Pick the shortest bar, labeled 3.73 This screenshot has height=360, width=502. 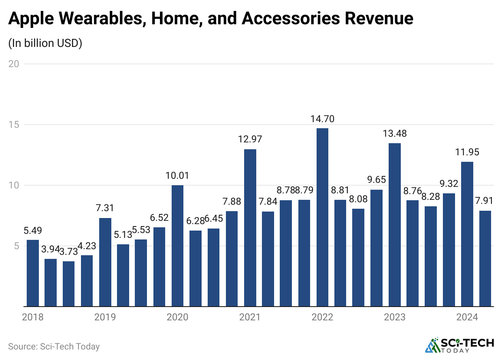point(68,284)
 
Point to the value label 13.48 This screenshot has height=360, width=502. point(395,133)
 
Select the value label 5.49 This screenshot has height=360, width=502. point(32,231)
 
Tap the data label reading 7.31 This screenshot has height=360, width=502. point(105,208)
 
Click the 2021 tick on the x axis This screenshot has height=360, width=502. point(250,317)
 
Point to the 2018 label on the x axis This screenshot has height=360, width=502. point(32,317)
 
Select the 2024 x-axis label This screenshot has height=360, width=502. point(467,317)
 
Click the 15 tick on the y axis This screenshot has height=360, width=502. point(15,125)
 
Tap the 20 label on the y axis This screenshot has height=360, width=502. point(15,64)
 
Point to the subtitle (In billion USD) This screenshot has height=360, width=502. point(45,43)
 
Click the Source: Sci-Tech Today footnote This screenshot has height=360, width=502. point(54,347)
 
